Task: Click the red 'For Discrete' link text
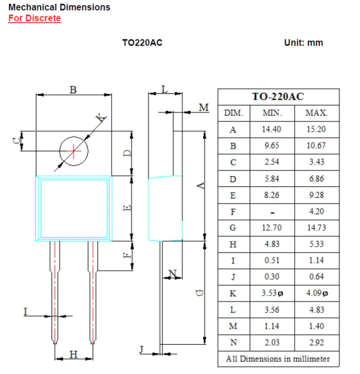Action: (x=34, y=18)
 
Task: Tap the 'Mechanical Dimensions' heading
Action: (x=60, y=7)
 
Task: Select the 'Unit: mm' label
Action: (x=303, y=43)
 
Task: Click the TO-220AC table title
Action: (x=278, y=97)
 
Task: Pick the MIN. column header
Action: (x=272, y=113)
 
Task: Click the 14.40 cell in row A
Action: (x=272, y=129)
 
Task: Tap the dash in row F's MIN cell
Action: (x=272, y=212)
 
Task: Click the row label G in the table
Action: (x=233, y=228)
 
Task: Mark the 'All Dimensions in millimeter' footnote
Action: (x=278, y=359)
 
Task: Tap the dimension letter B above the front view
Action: (x=73, y=90)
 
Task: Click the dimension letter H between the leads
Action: (x=74, y=354)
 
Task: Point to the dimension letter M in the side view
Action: (x=204, y=107)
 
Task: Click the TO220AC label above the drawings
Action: (x=142, y=43)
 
